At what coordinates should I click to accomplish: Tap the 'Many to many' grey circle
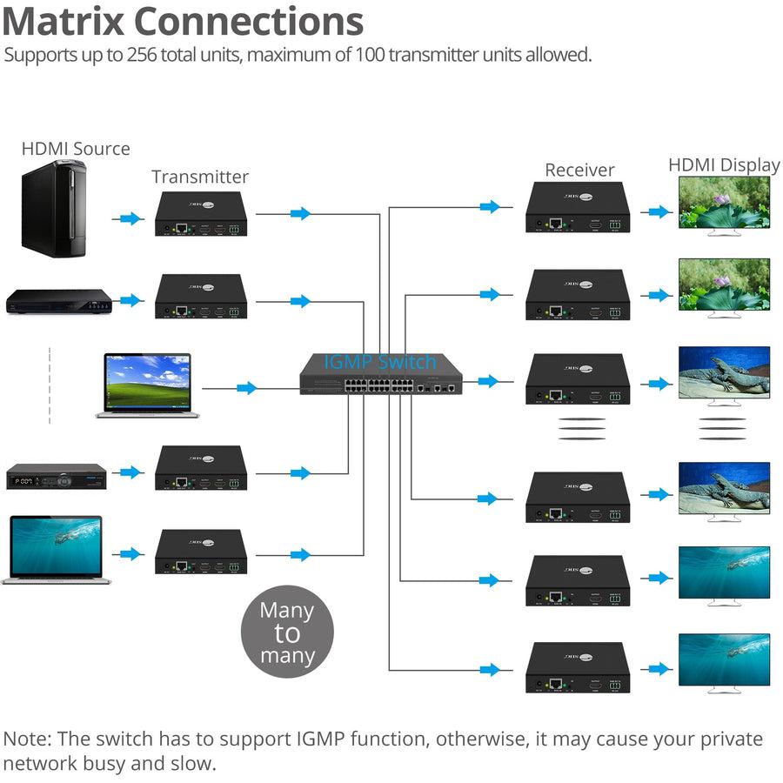pyautogui.click(x=286, y=632)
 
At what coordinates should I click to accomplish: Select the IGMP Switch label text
pyautogui.click(x=380, y=362)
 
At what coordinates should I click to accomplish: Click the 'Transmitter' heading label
pyautogui.click(x=200, y=177)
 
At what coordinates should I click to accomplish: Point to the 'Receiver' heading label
pyautogui.click(x=579, y=170)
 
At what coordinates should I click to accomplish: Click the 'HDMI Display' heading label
pyautogui.click(x=724, y=165)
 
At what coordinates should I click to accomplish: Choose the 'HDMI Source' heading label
pyautogui.click(x=76, y=149)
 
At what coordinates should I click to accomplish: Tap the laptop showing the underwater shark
pyautogui.click(x=54, y=550)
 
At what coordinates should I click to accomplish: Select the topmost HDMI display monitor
pyautogui.click(x=724, y=206)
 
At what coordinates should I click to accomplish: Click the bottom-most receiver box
pyautogui.click(x=576, y=668)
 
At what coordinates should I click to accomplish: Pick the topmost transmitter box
pyautogui.click(x=201, y=215)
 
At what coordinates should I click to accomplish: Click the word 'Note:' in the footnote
pyautogui.click(x=30, y=739)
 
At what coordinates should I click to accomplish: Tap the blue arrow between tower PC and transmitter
pyautogui.click(x=130, y=218)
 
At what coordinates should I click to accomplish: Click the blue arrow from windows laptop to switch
pyautogui.click(x=247, y=388)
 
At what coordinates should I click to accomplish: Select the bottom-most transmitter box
pyautogui.click(x=201, y=552)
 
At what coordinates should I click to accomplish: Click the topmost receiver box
pyautogui.click(x=576, y=208)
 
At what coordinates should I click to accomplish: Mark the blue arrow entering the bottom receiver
pyautogui.click(x=491, y=670)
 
